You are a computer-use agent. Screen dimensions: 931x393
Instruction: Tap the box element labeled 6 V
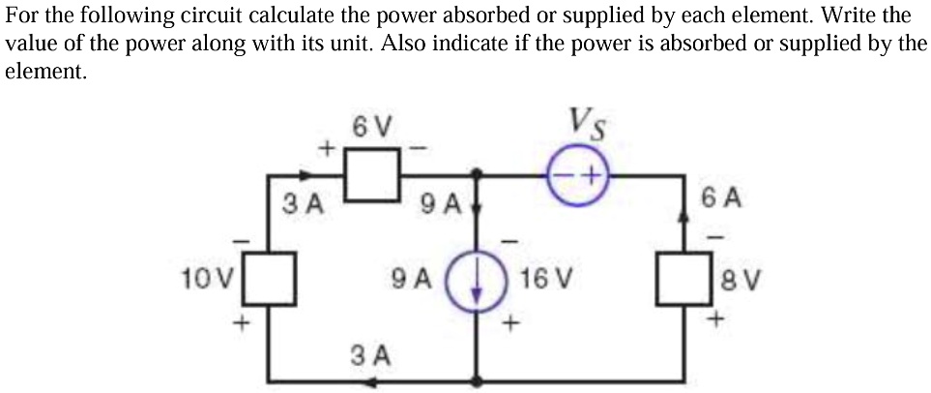coord(373,175)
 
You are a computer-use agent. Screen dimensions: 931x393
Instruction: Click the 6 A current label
coord(721,199)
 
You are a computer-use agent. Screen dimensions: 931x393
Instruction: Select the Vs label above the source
coord(589,123)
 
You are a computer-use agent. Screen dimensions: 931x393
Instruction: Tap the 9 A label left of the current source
coord(411,278)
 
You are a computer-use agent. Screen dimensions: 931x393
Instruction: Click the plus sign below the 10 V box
coord(241,323)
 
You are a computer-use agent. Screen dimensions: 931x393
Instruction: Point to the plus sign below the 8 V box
coord(717,319)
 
